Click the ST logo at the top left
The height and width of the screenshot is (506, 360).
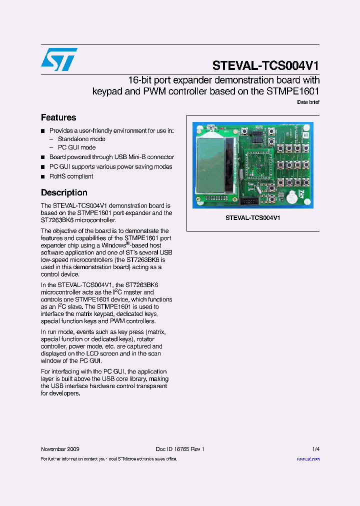tap(59, 59)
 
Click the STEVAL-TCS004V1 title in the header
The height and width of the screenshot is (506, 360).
tap(265, 65)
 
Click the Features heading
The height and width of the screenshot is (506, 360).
tap(58, 117)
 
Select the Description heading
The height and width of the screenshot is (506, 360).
tap(64, 192)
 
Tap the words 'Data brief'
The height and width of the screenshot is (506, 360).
tap(308, 102)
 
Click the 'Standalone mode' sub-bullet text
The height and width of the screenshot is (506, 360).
tap(81, 139)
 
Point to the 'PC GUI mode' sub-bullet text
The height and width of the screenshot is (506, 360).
tap(76, 147)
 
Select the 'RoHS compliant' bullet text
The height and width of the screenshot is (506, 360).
tap(71, 176)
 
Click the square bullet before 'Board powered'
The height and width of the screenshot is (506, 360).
tap(43, 157)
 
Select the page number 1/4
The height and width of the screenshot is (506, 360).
tap(316, 449)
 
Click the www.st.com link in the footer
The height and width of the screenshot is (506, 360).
tap(308, 458)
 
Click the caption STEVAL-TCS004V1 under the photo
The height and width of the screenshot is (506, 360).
tap(252, 218)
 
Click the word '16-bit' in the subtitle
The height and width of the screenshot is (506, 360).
tap(139, 80)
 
